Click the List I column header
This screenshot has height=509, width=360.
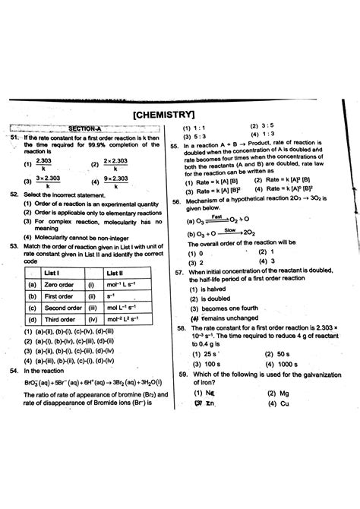pyautogui.click(x=52, y=272)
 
